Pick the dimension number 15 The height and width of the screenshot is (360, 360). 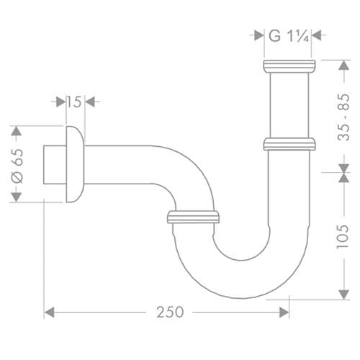point(73,102)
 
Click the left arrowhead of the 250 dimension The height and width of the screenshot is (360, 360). point(50,312)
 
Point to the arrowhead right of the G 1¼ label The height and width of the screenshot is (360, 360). point(318,33)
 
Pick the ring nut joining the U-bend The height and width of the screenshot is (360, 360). point(193,217)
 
